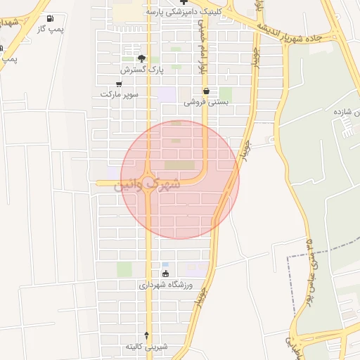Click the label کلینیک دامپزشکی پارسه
point(184,12)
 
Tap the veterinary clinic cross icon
point(184,2)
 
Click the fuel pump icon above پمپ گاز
point(49,18)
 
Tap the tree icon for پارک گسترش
point(141,59)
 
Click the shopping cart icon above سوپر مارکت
point(119,84)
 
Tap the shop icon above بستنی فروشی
point(206,91)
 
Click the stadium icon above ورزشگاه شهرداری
point(165,274)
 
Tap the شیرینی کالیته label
point(146,347)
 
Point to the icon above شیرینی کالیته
point(146,336)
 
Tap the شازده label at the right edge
point(347,112)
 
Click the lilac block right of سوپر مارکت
point(167,94)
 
